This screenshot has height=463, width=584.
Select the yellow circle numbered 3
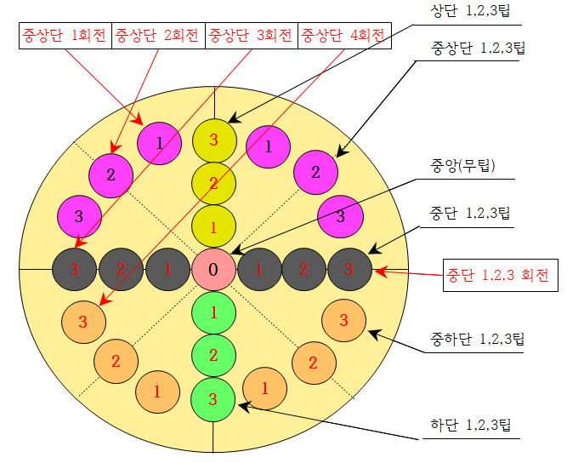pos(213,140)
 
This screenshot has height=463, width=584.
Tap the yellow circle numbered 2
pos(213,183)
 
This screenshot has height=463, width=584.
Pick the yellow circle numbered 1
pos(213,226)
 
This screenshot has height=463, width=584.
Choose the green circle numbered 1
pos(213,312)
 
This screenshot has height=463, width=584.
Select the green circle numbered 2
pos(213,355)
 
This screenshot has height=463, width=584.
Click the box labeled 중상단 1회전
pos(65,37)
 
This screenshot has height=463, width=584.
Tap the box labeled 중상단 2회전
pos(158,37)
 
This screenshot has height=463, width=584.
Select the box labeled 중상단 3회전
pos(252,37)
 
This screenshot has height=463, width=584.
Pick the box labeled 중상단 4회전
pos(343,37)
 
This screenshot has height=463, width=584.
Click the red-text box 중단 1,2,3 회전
pos(500,276)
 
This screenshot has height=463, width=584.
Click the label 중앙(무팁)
pos(463,164)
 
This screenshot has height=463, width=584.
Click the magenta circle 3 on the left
pos(78,214)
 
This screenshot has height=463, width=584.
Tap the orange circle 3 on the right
pos(344,320)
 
